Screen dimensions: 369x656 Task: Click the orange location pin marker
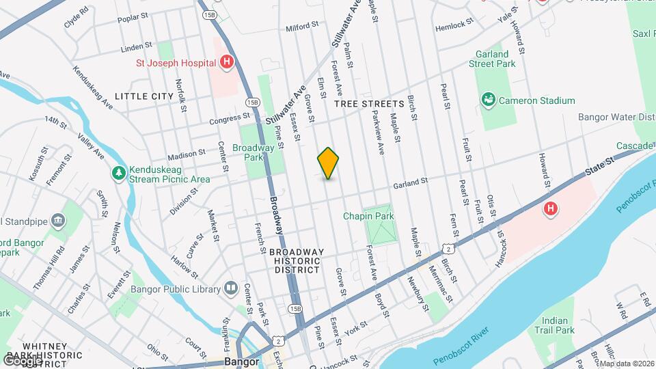(328, 163)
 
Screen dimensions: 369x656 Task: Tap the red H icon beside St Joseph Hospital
(227, 63)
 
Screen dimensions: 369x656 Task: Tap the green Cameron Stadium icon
(489, 100)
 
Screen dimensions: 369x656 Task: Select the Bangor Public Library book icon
(230, 289)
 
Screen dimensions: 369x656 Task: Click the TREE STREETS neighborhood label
(369, 104)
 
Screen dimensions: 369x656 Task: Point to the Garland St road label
(410, 183)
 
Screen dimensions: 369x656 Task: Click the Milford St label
(302, 27)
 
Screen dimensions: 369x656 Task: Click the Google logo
(22, 360)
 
